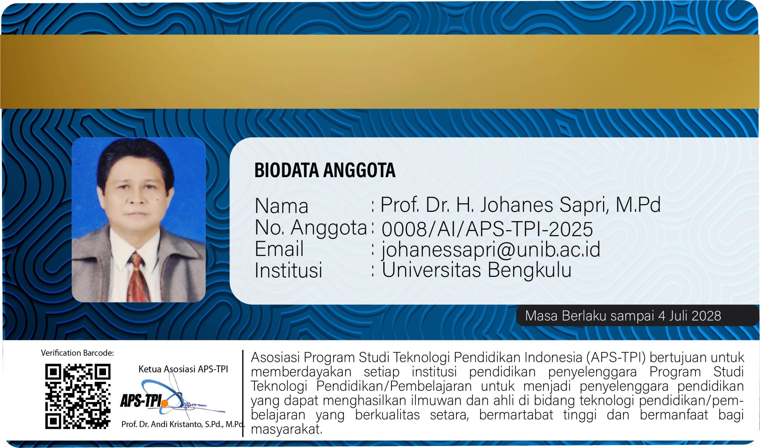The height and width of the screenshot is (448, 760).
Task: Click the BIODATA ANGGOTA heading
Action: click(x=325, y=170)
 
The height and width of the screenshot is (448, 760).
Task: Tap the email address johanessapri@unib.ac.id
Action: click(x=491, y=250)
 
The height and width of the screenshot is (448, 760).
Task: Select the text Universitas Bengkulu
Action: click(x=477, y=269)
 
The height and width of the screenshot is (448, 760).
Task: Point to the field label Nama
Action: click(x=281, y=206)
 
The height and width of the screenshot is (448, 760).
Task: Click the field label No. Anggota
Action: click(x=311, y=228)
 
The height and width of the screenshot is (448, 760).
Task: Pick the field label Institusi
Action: click(x=289, y=270)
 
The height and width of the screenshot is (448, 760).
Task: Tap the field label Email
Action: click(x=279, y=249)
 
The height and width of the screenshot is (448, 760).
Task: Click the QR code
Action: click(x=78, y=396)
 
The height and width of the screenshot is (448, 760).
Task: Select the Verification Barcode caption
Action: click(x=77, y=353)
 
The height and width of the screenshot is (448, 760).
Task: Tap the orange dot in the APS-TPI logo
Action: click(x=164, y=403)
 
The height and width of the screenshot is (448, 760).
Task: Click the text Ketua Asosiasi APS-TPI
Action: click(x=183, y=369)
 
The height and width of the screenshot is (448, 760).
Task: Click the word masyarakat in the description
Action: click(x=286, y=429)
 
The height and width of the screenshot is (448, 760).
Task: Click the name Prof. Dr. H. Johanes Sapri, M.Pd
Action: click(x=520, y=205)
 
